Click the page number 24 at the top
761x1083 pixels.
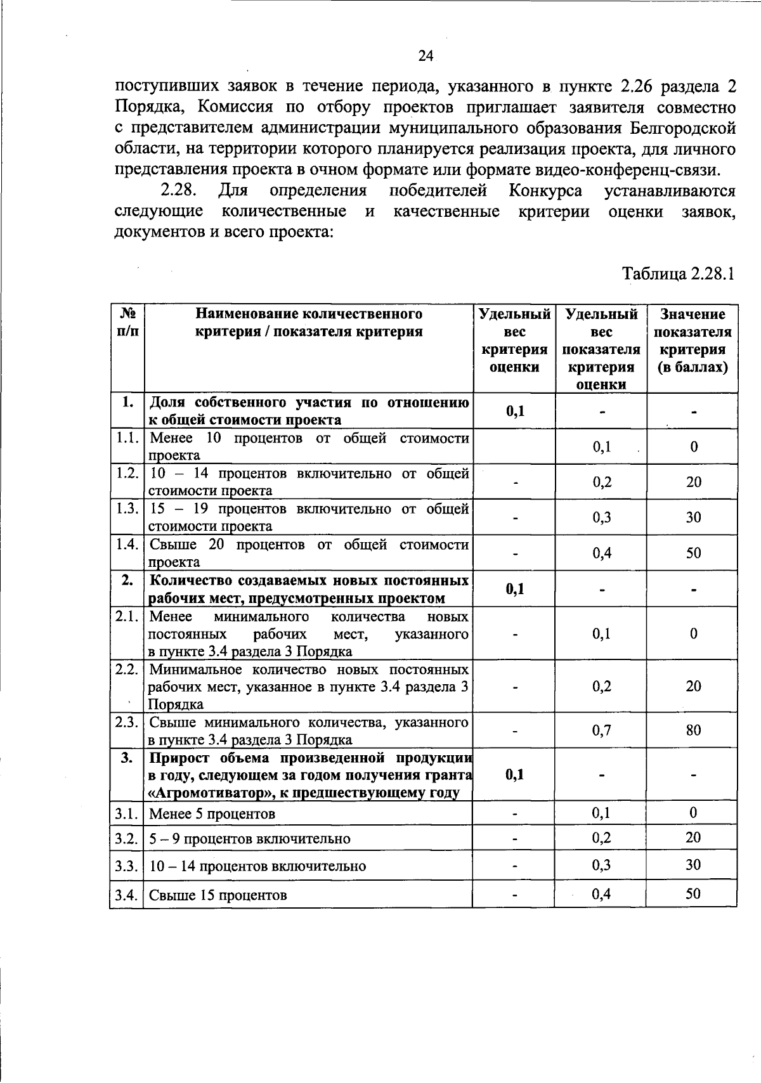(x=426, y=56)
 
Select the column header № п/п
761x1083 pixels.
(x=127, y=322)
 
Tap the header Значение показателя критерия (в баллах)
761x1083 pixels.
(x=693, y=340)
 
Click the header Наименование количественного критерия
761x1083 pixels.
(x=308, y=322)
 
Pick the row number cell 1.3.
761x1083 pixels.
(x=127, y=509)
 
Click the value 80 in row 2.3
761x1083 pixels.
(x=693, y=730)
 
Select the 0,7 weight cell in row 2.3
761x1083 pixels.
(x=602, y=730)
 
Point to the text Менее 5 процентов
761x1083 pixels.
(x=212, y=814)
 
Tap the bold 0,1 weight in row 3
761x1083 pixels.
(x=515, y=774)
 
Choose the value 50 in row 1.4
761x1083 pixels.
(x=693, y=552)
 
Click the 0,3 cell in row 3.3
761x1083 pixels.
(x=602, y=865)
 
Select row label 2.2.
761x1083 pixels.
(x=127, y=670)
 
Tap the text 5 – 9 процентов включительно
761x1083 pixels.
(x=249, y=839)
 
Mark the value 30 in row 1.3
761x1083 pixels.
(x=693, y=517)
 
